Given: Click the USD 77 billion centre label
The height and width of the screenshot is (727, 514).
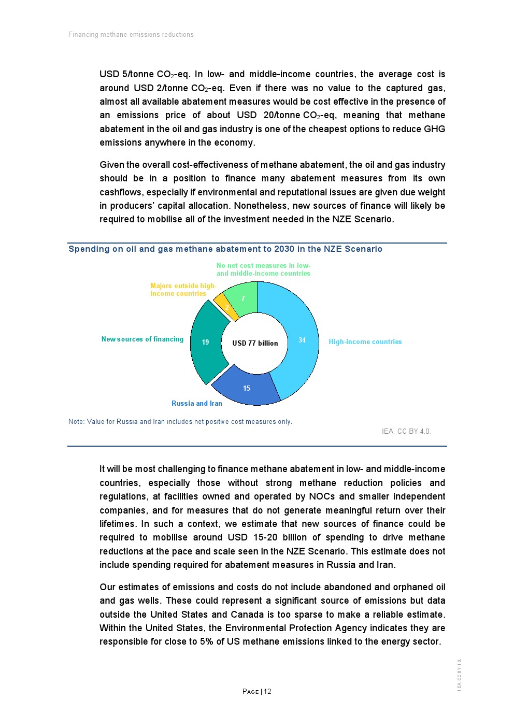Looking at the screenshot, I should (x=255, y=343).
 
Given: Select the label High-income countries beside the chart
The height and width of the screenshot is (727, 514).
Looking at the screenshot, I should (x=365, y=342).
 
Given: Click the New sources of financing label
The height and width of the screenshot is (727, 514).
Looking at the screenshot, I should (x=142, y=339).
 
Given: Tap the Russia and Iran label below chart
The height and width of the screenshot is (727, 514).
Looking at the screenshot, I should (x=197, y=404).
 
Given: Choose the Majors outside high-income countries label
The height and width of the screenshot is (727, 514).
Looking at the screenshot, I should (x=183, y=290).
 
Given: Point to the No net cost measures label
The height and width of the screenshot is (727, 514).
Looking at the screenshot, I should (x=263, y=269).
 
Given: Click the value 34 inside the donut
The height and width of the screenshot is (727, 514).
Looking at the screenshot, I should (x=302, y=340).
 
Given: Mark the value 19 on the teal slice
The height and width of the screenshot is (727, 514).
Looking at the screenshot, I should (x=205, y=343).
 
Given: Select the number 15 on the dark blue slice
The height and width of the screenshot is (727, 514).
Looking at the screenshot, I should (x=247, y=389).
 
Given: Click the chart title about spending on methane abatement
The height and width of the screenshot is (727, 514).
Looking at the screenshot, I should (x=225, y=249).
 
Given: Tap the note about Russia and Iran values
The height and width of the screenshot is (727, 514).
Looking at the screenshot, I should (x=180, y=422).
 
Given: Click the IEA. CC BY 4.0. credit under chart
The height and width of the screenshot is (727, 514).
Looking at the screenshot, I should (x=406, y=432).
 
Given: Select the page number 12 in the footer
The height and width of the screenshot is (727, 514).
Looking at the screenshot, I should (x=267, y=692).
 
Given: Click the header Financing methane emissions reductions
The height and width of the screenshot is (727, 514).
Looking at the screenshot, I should (x=131, y=35).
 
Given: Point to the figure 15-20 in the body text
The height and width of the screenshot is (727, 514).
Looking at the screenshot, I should (x=266, y=538).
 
